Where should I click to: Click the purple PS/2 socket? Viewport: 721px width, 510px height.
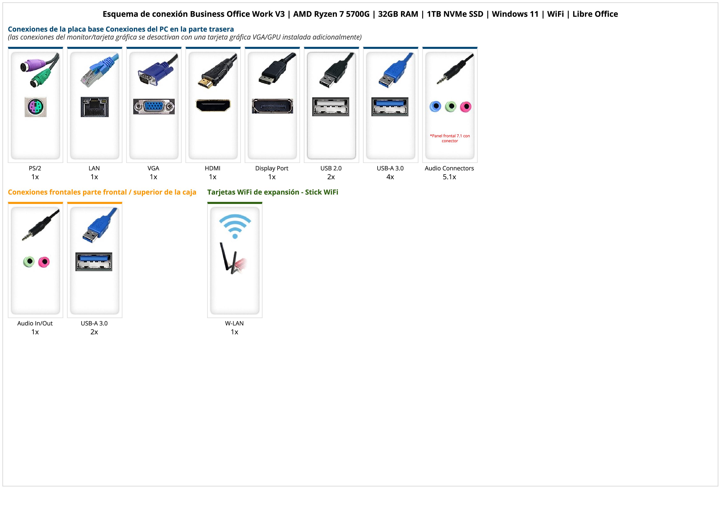coord(36,107)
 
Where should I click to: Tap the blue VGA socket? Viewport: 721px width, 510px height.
coord(154,107)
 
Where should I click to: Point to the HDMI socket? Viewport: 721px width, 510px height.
coord(213,105)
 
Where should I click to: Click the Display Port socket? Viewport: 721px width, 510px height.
coord(272,106)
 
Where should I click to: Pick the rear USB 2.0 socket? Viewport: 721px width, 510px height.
coord(331,107)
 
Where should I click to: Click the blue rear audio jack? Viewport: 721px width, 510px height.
coord(435,107)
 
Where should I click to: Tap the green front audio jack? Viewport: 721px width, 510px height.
coord(29,261)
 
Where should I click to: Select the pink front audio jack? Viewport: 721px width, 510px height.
coord(44,262)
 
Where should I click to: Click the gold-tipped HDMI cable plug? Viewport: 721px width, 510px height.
coord(205,83)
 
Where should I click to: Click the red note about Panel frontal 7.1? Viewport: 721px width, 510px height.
coord(450,138)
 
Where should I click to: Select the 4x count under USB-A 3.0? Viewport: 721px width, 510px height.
coord(390,177)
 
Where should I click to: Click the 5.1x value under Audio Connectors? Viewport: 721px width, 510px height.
coord(449,177)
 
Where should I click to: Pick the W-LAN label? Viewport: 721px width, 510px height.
coord(234,323)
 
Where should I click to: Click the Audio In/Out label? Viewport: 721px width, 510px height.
coord(35,323)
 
